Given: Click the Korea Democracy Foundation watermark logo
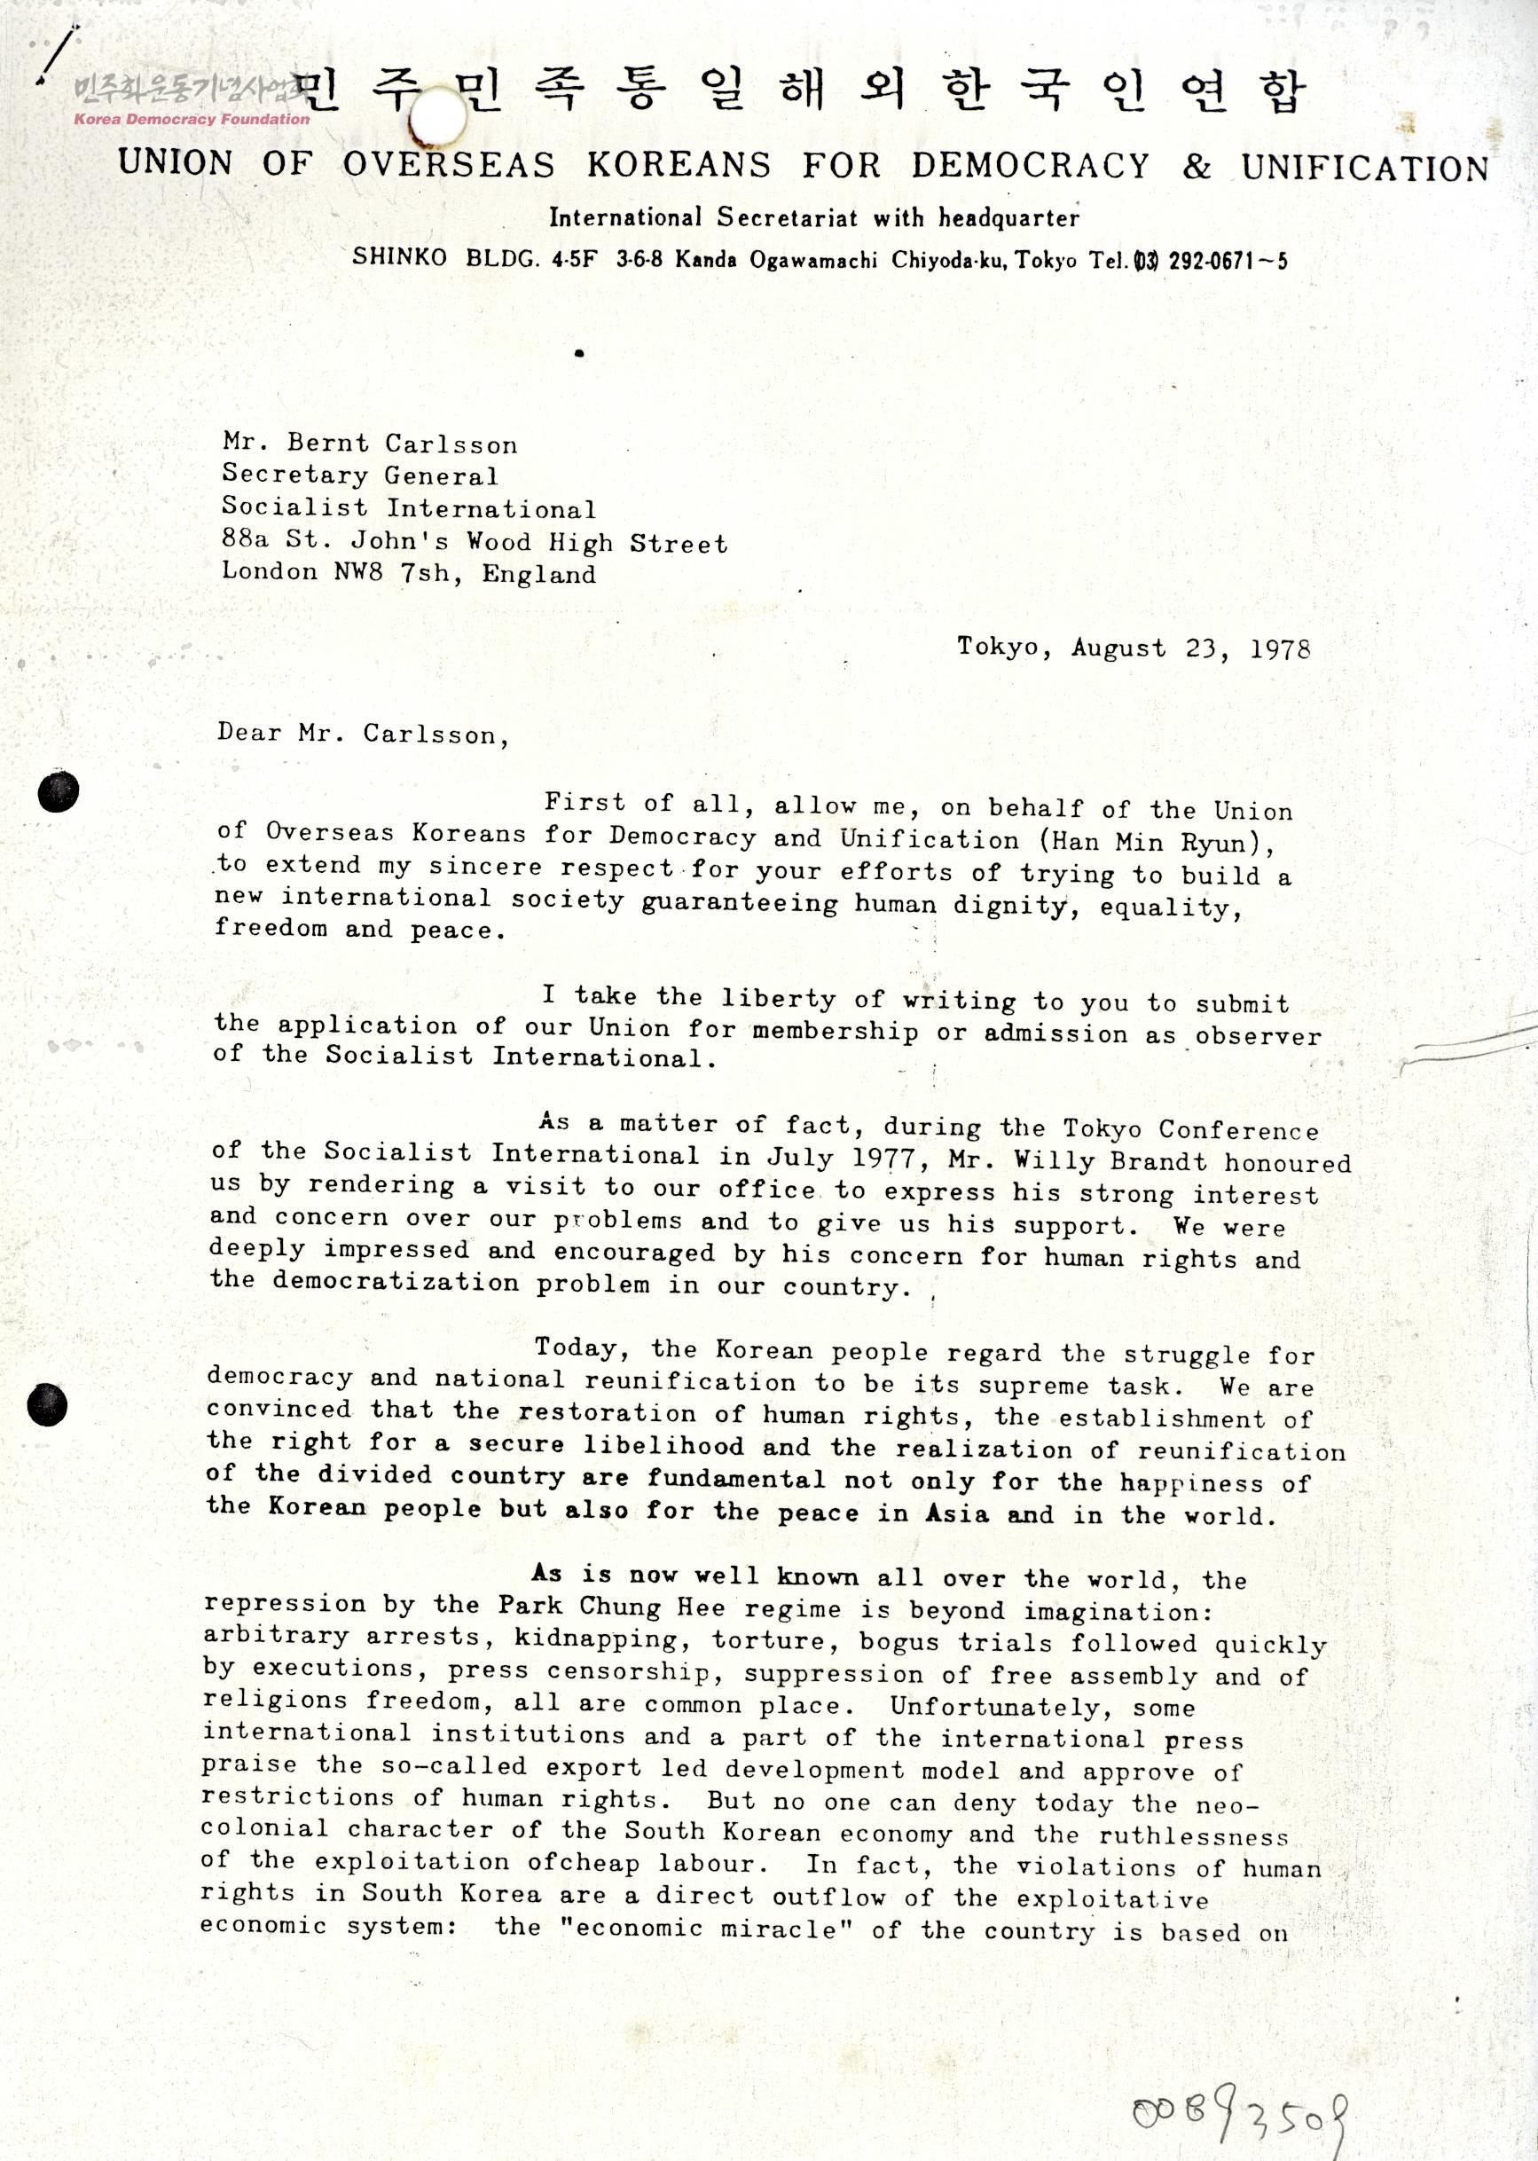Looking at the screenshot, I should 190,101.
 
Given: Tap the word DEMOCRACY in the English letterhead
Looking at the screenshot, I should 1031,167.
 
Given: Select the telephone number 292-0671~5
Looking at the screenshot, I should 1228,262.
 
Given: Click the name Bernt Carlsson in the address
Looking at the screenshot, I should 403,444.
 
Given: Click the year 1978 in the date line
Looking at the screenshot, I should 1280,649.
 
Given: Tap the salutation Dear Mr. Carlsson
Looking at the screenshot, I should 362,734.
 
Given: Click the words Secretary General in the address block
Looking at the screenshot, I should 359,475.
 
